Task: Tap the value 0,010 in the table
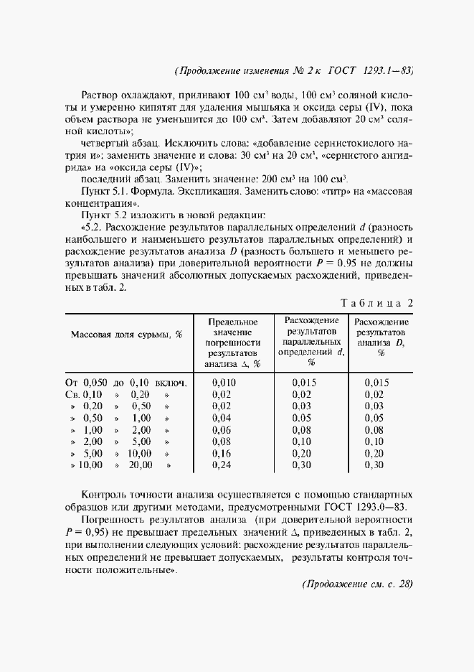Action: click(224, 383)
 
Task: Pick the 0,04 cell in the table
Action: click(224, 418)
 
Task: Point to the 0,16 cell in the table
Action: click(224, 453)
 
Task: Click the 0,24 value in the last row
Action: click(224, 465)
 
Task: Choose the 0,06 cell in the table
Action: click(224, 429)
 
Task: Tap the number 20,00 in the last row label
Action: click(140, 465)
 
